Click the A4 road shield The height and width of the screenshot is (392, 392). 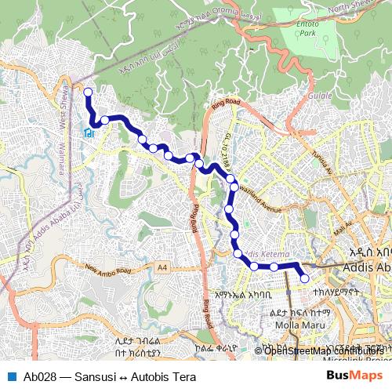coord(162,268)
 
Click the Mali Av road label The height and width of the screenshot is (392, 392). coord(343,228)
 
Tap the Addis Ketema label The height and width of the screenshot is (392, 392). coord(267,254)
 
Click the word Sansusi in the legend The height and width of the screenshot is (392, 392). coord(88,376)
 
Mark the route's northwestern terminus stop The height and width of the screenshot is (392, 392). coord(88,93)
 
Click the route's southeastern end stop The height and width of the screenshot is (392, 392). coord(304,278)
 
